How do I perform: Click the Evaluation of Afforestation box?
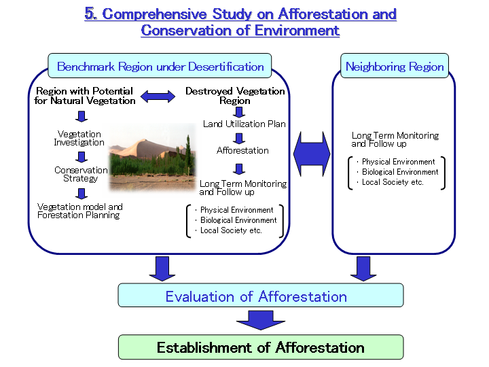pyautogui.click(x=260, y=295)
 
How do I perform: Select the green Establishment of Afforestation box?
pyautogui.click(x=261, y=347)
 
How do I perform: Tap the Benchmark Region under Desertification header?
pyautogui.click(x=160, y=66)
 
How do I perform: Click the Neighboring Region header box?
pyautogui.click(x=395, y=66)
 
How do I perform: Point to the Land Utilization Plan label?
pyautogui.click(x=244, y=124)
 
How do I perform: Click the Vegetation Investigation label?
pyautogui.click(x=79, y=138)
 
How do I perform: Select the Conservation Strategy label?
pyautogui.click(x=81, y=174)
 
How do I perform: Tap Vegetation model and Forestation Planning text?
pyautogui.click(x=80, y=211)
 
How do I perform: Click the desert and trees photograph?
pyautogui.click(x=152, y=156)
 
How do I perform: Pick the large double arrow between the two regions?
pyautogui.click(x=312, y=154)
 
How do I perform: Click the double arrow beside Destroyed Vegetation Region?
pyautogui.click(x=158, y=97)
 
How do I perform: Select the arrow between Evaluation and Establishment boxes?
pyautogui.click(x=261, y=320)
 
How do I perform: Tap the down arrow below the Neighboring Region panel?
pyautogui.click(x=363, y=268)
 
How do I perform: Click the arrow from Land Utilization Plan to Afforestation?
pyautogui.click(x=239, y=138)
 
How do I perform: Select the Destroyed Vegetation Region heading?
pyautogui.click(x=235, y=96)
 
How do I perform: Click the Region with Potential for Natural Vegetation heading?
pyautogui.click(x=84, y=96)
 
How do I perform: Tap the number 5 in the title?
pyautogui.click(x=90, y=14)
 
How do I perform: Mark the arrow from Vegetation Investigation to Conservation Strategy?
pyautogui.click(x=81, y=157)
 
